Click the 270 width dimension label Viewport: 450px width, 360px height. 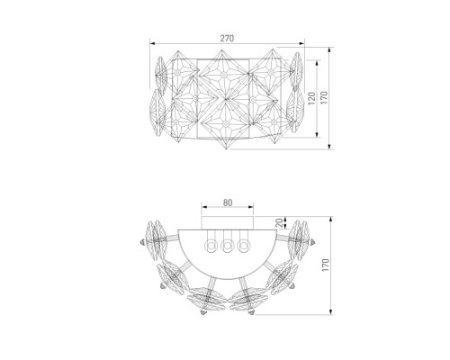point(227,39)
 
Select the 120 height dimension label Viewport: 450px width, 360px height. point(311,98)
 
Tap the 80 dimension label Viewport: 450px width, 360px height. point(228,202)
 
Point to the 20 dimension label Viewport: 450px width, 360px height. point(279,222)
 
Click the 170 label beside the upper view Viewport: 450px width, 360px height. point(324,98)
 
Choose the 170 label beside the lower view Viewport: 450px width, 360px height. point(326,265)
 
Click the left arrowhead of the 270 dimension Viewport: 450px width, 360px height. point(152,43)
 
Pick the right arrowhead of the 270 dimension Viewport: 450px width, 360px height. point(301,43)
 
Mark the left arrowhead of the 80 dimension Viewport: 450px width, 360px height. point(203,207)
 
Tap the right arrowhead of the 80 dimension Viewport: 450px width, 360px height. point(251,207)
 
